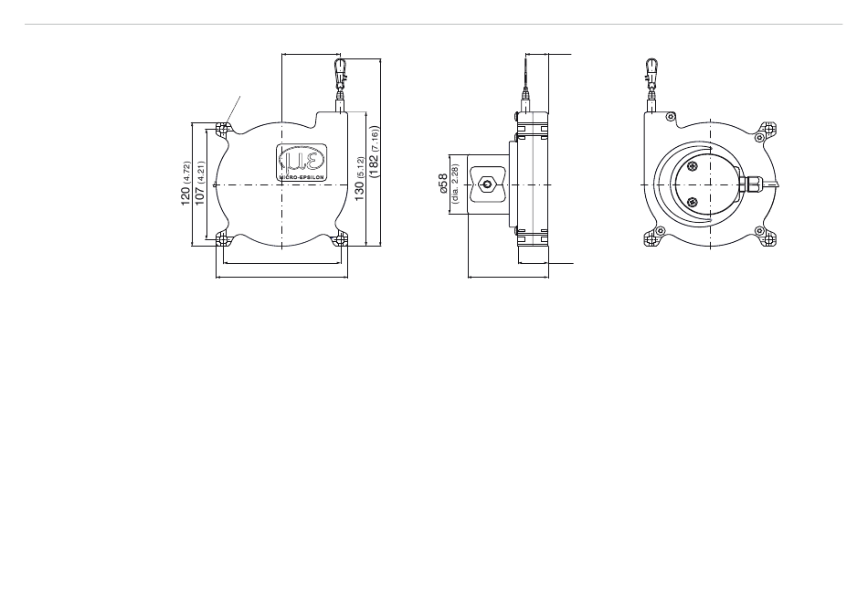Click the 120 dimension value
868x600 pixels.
[x=185, y=196]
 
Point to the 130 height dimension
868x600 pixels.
[x=359, y=191]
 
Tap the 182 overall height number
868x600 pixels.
[x=374, y=166]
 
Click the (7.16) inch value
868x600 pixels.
[x=375, y=140]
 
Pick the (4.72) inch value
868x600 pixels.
[x=186, y=173]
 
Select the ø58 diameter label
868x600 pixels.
[x=443, y=184]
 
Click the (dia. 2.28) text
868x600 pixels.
[x=455, y=184]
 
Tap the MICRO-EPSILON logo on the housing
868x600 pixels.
[x=302, y=162]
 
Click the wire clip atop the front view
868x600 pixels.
[x=339, y=71]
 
